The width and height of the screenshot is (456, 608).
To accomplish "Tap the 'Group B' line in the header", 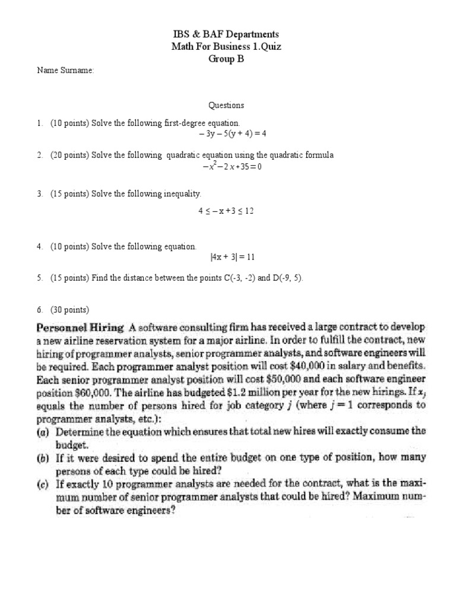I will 226,58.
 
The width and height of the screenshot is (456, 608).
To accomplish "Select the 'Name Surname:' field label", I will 65,71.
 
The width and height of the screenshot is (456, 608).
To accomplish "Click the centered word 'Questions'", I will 226,106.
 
